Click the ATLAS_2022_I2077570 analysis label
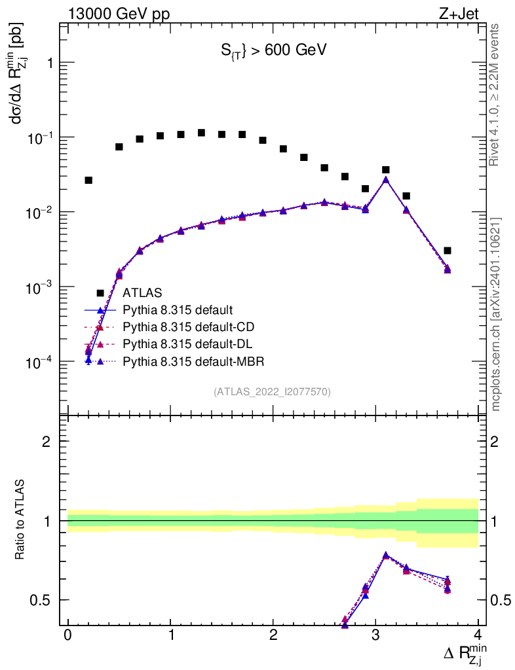coord(272,392)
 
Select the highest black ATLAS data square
coord(202,133)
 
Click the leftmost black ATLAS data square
coord(88,180)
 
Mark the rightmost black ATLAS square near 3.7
coord(447,251)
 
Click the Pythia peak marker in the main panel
coord(386,179)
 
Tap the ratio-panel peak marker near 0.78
coord(386,555)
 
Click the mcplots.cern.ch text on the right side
coord(497,314)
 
